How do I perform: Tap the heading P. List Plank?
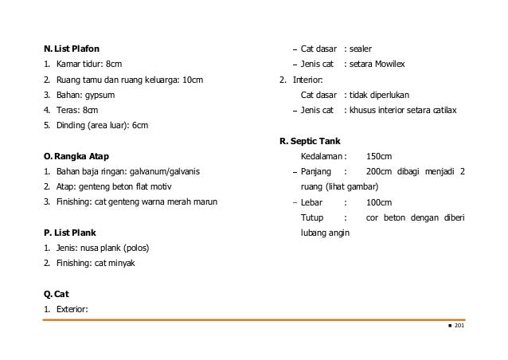pyautogui.click(x=70, y=233)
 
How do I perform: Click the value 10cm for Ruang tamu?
pyautogui.click(x=193, y=80)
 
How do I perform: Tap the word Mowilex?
pyautogui.click(x=401, y=65)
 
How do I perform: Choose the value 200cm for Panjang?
pyautogui.click(x=379, y=171)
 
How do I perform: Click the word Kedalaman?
pyautogui.click(x=321, y=156)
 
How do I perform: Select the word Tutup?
pyautogui.click(x=312, y=217)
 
